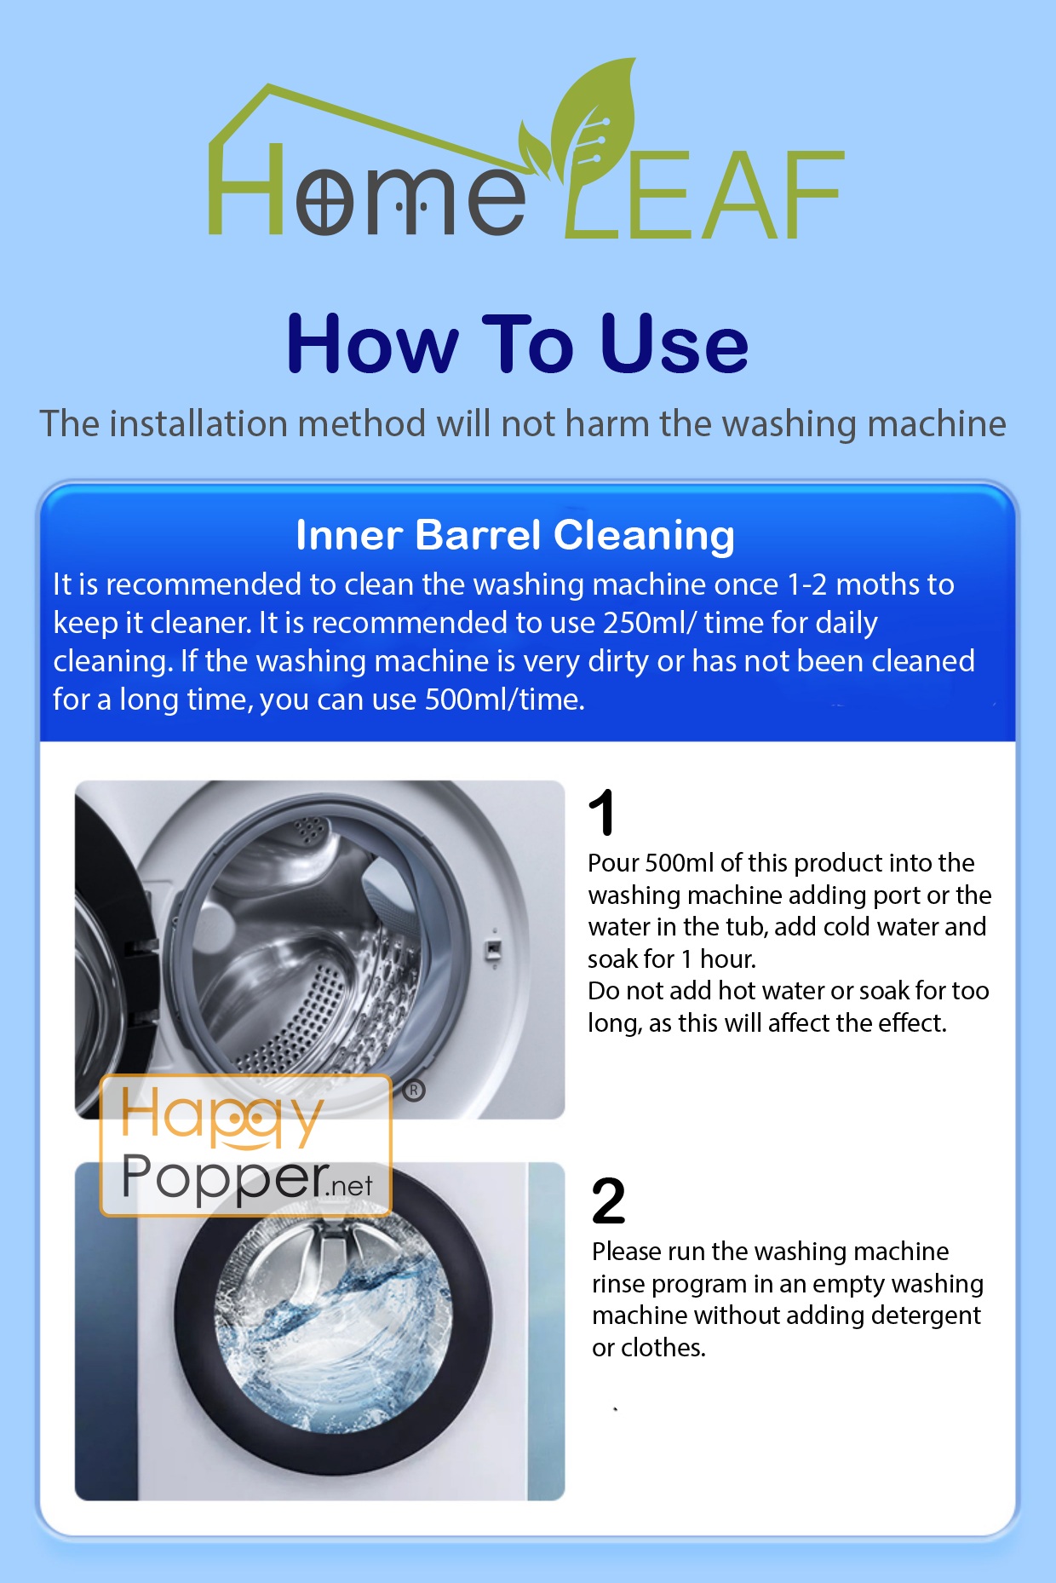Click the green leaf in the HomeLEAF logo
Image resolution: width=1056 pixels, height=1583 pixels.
(x=596, y=119)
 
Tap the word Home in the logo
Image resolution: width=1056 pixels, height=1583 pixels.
(x=366, y=189)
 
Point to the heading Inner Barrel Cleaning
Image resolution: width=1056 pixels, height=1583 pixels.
(x=515, y=535)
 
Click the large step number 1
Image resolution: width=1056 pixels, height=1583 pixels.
(x=602, y=813)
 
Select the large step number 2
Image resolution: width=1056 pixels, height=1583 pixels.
(x=608, y=1201)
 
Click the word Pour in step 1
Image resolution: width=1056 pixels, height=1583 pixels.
(x=613, y=863)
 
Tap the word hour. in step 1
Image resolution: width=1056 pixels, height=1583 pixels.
(x=728, y=959)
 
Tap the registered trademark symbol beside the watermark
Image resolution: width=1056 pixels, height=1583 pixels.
(x=414, y=1091)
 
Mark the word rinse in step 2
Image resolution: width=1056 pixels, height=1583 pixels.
(x=619, y=1284)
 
